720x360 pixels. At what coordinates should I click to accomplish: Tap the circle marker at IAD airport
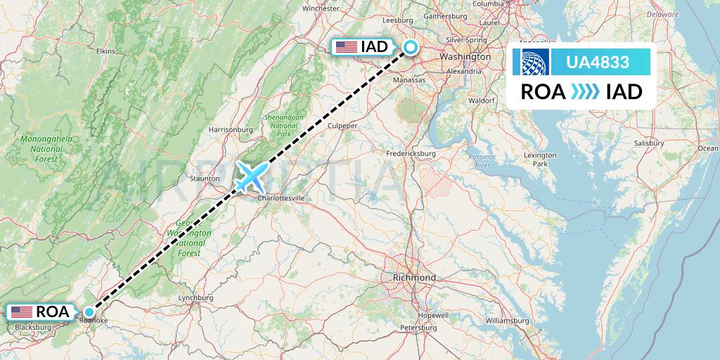[409, 48]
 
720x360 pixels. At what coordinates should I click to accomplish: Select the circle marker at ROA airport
[89, 311]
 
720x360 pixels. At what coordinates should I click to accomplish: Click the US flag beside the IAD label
[346, 47]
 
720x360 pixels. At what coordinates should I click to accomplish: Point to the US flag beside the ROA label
[22, 311]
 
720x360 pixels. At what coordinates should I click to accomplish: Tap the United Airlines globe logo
[529, 63]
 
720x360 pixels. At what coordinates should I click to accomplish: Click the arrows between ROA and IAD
[585, 91]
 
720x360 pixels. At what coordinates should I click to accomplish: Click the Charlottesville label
[281, 198]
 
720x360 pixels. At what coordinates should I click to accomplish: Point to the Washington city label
[464, 56]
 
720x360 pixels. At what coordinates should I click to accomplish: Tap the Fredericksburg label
[412, 153]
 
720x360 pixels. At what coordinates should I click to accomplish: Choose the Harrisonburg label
[231, 129]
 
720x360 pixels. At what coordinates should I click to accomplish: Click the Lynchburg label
[195, 298]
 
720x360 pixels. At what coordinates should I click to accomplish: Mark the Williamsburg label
[507, 321]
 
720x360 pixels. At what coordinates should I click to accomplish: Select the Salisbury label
[648, 143]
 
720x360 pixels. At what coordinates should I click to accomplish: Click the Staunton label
[205, 180]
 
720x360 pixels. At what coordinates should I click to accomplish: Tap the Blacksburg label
[32, 327]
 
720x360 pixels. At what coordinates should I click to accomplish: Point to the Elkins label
[105, 51]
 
